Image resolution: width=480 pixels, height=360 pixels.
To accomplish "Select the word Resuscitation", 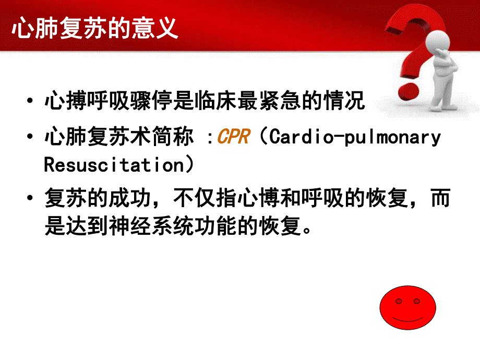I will click(113, 165).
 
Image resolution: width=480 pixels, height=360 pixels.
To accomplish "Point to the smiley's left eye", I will click(399, 302).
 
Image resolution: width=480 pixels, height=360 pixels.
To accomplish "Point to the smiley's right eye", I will click(416, 302).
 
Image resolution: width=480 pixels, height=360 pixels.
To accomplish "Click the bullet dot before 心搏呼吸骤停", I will click(33, 101).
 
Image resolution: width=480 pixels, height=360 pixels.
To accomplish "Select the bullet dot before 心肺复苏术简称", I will click(33, 138).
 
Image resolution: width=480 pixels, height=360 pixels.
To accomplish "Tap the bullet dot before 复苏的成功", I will click(33, 200).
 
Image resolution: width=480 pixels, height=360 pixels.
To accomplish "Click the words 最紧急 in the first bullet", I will click(267, 101).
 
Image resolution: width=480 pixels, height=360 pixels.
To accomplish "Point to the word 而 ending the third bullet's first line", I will click(440, 200).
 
